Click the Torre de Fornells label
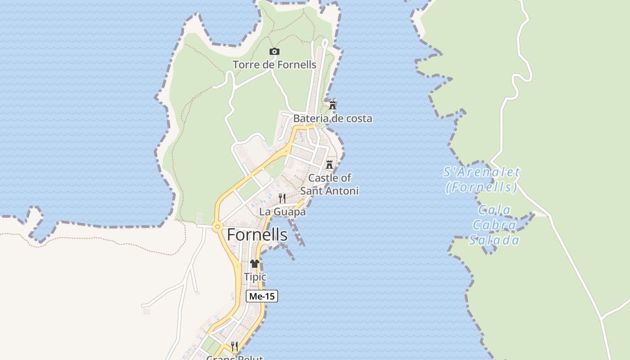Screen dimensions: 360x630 [274, 65]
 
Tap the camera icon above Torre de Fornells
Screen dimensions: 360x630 [274, 52]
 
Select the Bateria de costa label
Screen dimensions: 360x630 [333, 119]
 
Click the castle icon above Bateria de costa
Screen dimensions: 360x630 [333, 105]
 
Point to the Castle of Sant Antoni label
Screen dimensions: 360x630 [329, 184]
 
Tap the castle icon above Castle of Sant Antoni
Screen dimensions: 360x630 [329, 164]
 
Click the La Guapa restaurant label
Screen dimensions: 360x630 [283, 212]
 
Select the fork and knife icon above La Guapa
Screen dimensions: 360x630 [282, 198]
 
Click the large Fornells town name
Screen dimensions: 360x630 [257, 234]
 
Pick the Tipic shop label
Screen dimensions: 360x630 [255, 277]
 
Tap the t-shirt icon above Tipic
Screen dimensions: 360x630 [255, 264]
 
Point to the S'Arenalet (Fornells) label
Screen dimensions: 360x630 [481, 180]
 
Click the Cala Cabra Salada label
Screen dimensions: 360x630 [495, 225]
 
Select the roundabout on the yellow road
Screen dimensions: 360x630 [218, 227]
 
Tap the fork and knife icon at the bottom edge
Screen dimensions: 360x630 [234, 346]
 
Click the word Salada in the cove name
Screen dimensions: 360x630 [495, 240]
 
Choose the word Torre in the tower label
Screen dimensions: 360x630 [246, 65]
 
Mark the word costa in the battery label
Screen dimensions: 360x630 [357, 119]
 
